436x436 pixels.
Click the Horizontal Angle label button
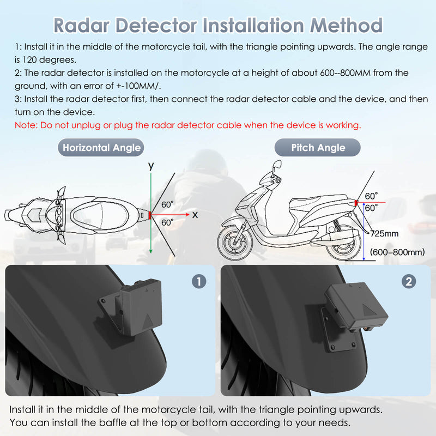point(101,148)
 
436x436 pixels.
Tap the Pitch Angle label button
point(318,148)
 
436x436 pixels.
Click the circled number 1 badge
point(199,281)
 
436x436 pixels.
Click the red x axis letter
point(195,215)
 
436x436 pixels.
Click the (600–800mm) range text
point(397,252)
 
